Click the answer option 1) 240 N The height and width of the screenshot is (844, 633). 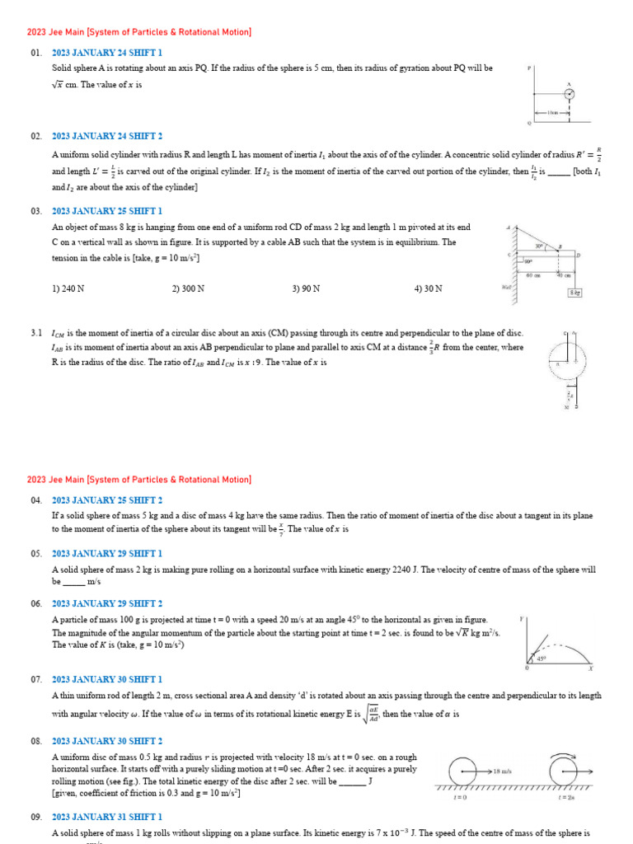point(68,289)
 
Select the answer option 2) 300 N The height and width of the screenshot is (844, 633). point(188,289)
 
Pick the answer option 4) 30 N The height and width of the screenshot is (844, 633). point(428,289)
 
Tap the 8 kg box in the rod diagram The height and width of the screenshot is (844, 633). point(574,293)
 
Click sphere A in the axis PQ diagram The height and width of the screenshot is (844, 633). point(569,93)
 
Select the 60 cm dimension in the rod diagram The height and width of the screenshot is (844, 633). point(532,275)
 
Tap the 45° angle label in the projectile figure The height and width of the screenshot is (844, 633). point(542,658)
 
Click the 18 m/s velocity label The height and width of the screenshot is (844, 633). point(502,771)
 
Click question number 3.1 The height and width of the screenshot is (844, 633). point(36,333)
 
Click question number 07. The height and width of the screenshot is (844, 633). point(36,679)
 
